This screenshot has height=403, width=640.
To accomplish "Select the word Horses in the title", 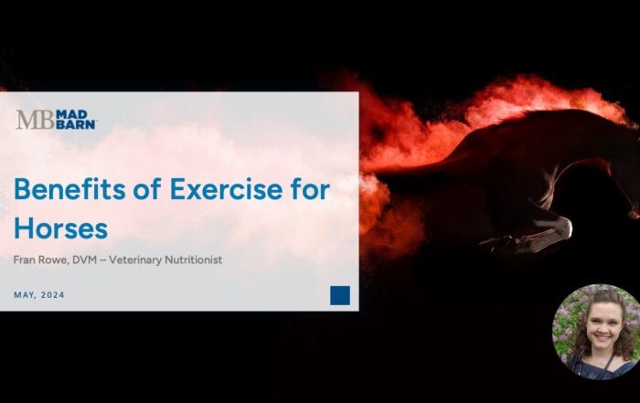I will click(60, 227).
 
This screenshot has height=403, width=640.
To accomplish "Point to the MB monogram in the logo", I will click(33, 120).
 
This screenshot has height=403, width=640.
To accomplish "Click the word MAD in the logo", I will click(71, 114).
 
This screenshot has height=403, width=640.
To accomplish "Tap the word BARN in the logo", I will click(75, 124).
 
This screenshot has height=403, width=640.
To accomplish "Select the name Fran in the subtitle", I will click(26, 260).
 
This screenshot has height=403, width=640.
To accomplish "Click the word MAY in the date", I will click(26, 294).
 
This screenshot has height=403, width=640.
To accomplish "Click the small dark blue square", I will click(340, 294).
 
